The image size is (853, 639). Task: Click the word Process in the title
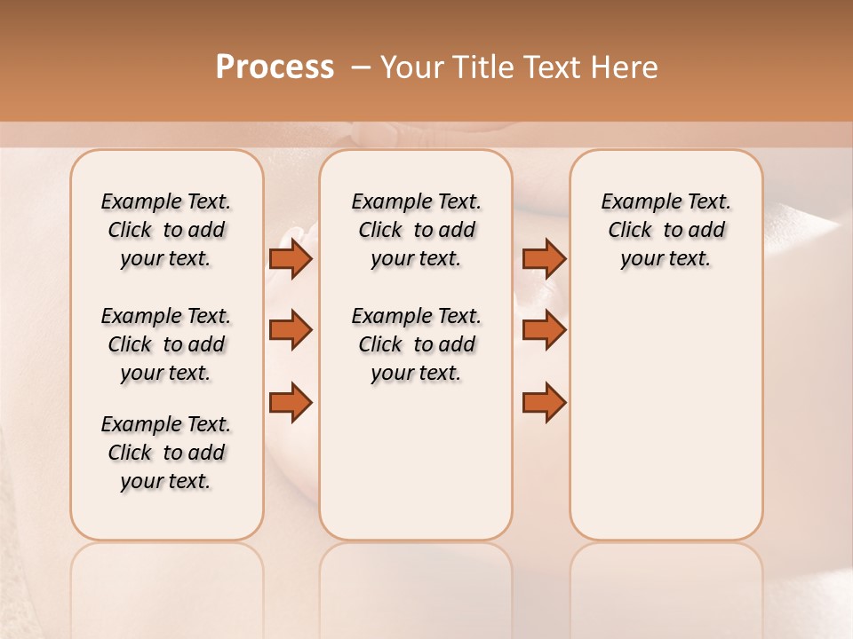[275, 67]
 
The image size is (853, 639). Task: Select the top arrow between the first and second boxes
[291, 259]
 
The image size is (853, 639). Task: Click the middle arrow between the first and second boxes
[291, 330]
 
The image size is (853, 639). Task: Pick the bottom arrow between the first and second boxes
[291, 401]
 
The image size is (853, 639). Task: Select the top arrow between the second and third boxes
[544, 259]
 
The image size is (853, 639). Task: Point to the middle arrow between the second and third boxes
[544, 330]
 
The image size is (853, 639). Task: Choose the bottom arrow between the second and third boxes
[544, 401]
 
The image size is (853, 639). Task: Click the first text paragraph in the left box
[166, 230]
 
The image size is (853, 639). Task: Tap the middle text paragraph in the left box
[166, 344]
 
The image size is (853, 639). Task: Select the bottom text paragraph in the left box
[166, 453]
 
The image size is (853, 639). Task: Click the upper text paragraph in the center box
[416, 230]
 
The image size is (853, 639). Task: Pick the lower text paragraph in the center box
[416, 344]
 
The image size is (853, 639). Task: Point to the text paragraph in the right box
[666, 230]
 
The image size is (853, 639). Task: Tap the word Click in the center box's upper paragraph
[380, 231]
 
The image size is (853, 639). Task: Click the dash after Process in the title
[361, 67]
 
